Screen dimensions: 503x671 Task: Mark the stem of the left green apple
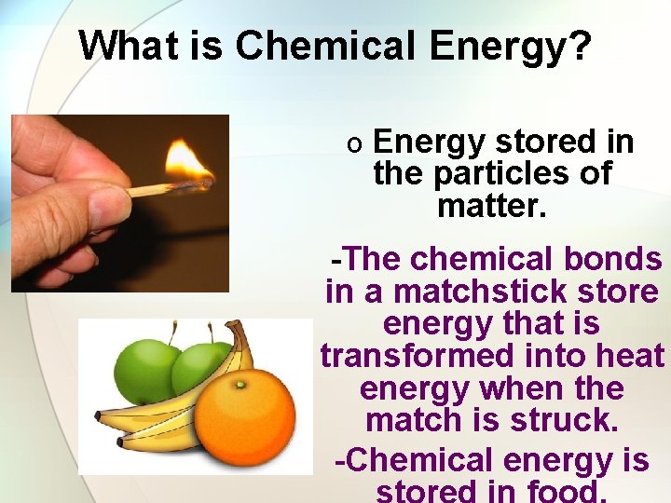pyautogui.click(x=173, y=332)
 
